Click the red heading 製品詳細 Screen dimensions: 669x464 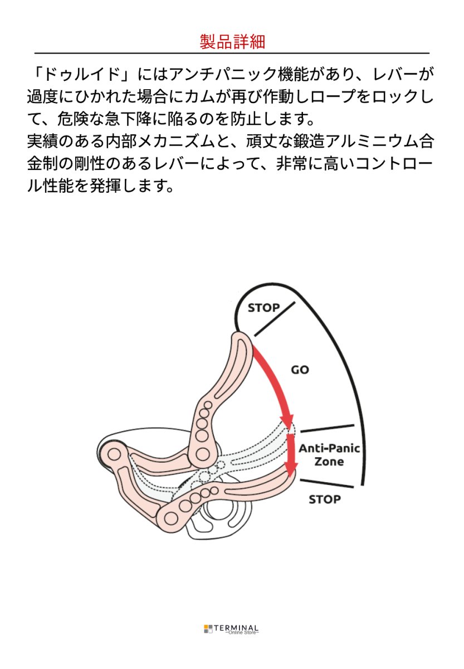pos(232,42)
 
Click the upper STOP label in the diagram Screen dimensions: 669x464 pos(263,308)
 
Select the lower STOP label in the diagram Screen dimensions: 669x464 pos(324,499)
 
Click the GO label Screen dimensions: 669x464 pos(300,370)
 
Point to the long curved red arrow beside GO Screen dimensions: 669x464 pos(276,385)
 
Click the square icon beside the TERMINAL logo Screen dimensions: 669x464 pos(207,629)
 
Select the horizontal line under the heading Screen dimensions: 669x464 pos(232,53)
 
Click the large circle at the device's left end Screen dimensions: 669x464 pos(114,455)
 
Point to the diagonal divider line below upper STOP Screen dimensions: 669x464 pos(275,320)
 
